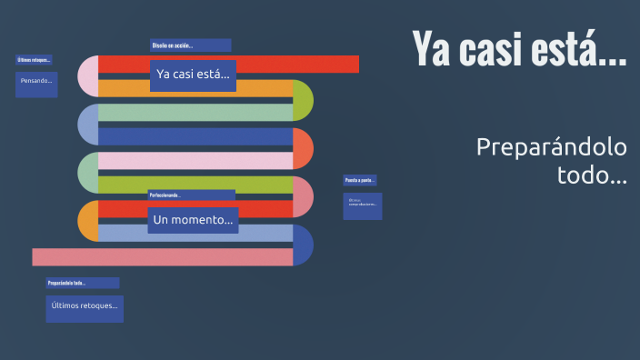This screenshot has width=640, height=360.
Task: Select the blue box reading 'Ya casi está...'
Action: point(193,75)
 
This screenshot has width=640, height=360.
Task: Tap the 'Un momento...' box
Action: point(193,220)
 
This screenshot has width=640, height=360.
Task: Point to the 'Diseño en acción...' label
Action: point(190,45)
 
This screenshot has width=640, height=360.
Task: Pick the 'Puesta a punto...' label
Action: point(360,180)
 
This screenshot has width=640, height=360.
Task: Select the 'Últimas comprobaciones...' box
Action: point(363,205)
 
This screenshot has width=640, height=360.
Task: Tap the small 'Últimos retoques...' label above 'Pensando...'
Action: point(34,60)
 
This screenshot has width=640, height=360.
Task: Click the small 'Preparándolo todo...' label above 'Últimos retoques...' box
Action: point(82,283)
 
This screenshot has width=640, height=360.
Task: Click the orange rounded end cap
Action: point(88,221)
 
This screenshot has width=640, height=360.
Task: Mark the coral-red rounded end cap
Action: point(304,149)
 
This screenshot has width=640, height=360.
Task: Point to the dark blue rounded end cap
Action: point(304,245)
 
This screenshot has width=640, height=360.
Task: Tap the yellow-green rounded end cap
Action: point(304,101)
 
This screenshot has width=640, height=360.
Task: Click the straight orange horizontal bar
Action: point(264,89)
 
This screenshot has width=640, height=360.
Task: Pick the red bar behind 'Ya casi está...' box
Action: point(300,64)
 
